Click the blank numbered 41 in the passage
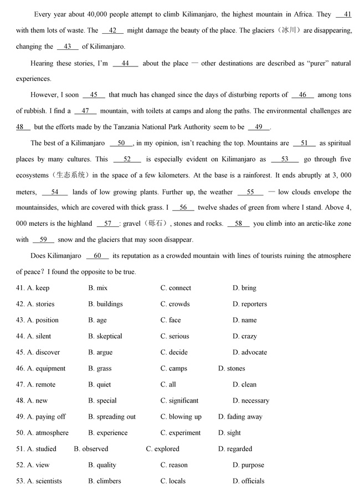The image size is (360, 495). [x=343, y=14]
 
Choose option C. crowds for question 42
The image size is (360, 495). [x=175, y=304]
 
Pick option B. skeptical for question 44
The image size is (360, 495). [x=105, y=336]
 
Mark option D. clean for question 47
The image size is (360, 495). [x=244, y=384]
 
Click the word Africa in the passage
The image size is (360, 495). [x=299, y=14]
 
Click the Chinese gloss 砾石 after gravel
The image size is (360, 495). [x=158, y=224]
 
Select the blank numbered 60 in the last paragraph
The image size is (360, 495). [x=97, y=256]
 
